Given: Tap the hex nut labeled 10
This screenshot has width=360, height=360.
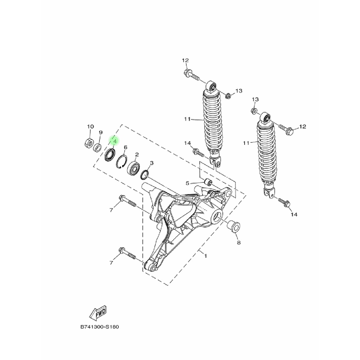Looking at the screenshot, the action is [x=88, y=143].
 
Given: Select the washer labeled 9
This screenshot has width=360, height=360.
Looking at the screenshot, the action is [x=98, y=147].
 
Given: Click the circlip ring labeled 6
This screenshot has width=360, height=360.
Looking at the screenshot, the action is [x=122, y=162].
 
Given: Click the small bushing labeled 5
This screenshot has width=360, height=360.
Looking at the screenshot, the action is [x=208, y=182].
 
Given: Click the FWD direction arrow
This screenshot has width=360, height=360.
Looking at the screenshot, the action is [x=98, y=313].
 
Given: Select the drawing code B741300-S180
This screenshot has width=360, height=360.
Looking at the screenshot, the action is [x=99, y=327].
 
